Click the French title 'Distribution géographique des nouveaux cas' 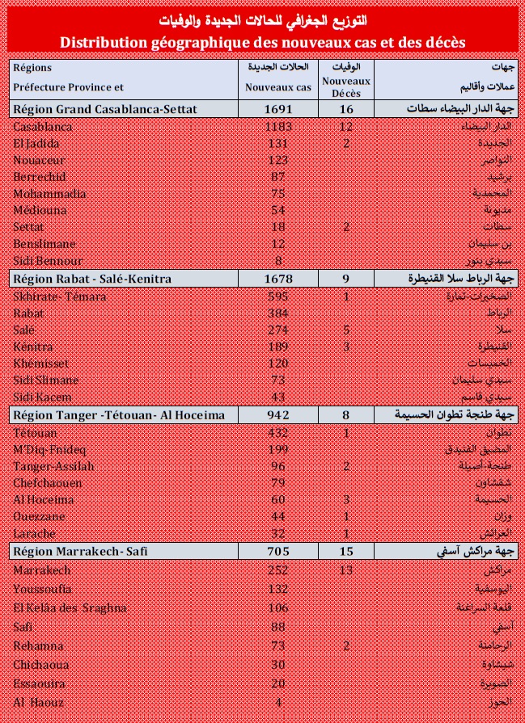(x=263, y=41)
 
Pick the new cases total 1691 (x=278, y=109)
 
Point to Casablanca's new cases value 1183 (x=278, y=126)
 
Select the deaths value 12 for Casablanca (x=346, y=126)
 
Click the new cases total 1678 (x=278, y=279)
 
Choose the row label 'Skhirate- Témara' (x=60, y=296)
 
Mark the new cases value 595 (x=278, y=296)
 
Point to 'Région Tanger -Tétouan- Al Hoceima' (x=120, y=415)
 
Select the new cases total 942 (x=278, y=415)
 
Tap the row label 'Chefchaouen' (x=49, y=482)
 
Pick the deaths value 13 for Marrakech (x=346, y=570)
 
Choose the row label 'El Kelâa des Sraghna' (x=66, y=607)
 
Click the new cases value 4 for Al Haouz (x=278, y=702)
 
